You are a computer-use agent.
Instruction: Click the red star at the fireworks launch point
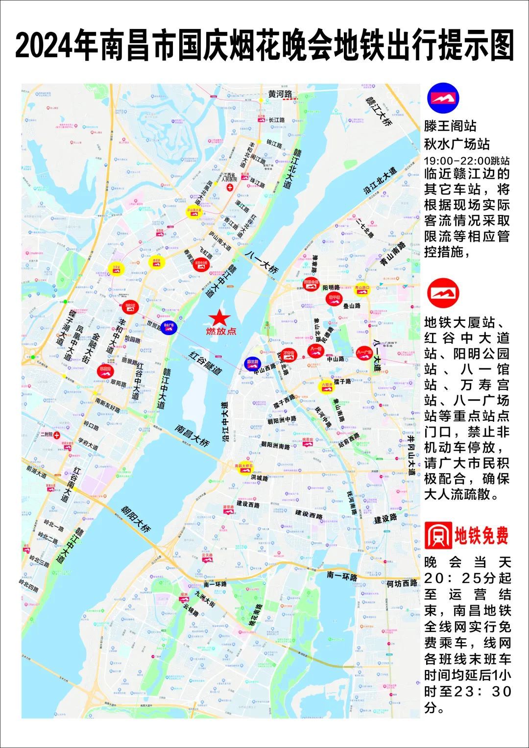[220, 317]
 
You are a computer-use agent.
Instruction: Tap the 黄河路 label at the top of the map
[280, 94]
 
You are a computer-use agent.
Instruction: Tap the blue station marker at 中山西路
[252, 363]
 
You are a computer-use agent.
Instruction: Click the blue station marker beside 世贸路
[169, 326]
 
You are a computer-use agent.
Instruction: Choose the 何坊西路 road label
[402, 583]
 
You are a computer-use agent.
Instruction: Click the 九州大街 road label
[205, 599]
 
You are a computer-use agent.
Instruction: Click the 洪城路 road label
[259, 477]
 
